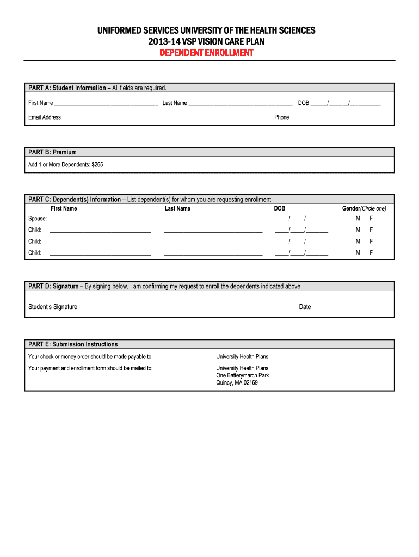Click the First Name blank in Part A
point(106,103)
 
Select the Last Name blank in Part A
point(240,103)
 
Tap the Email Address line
point(166,117)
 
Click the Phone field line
point(336,117)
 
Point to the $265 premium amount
point(97,164)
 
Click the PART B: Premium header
point(53,152)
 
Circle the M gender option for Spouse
point(358,219)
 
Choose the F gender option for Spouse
point(371,219)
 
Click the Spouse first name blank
point(100,219)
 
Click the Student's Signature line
point(183,307)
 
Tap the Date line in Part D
point(349,307)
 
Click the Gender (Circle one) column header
point(364,208)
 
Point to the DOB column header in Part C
point(279,208)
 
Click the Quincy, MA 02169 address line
point(237,383)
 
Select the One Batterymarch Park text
point(242,375)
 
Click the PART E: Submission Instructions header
point(73,344)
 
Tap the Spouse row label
point(38,219)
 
